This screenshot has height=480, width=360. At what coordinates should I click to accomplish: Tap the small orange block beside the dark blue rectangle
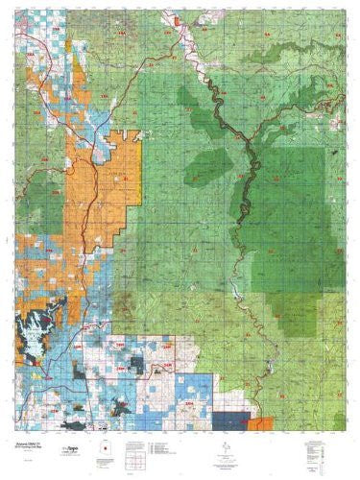coord(254,422)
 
